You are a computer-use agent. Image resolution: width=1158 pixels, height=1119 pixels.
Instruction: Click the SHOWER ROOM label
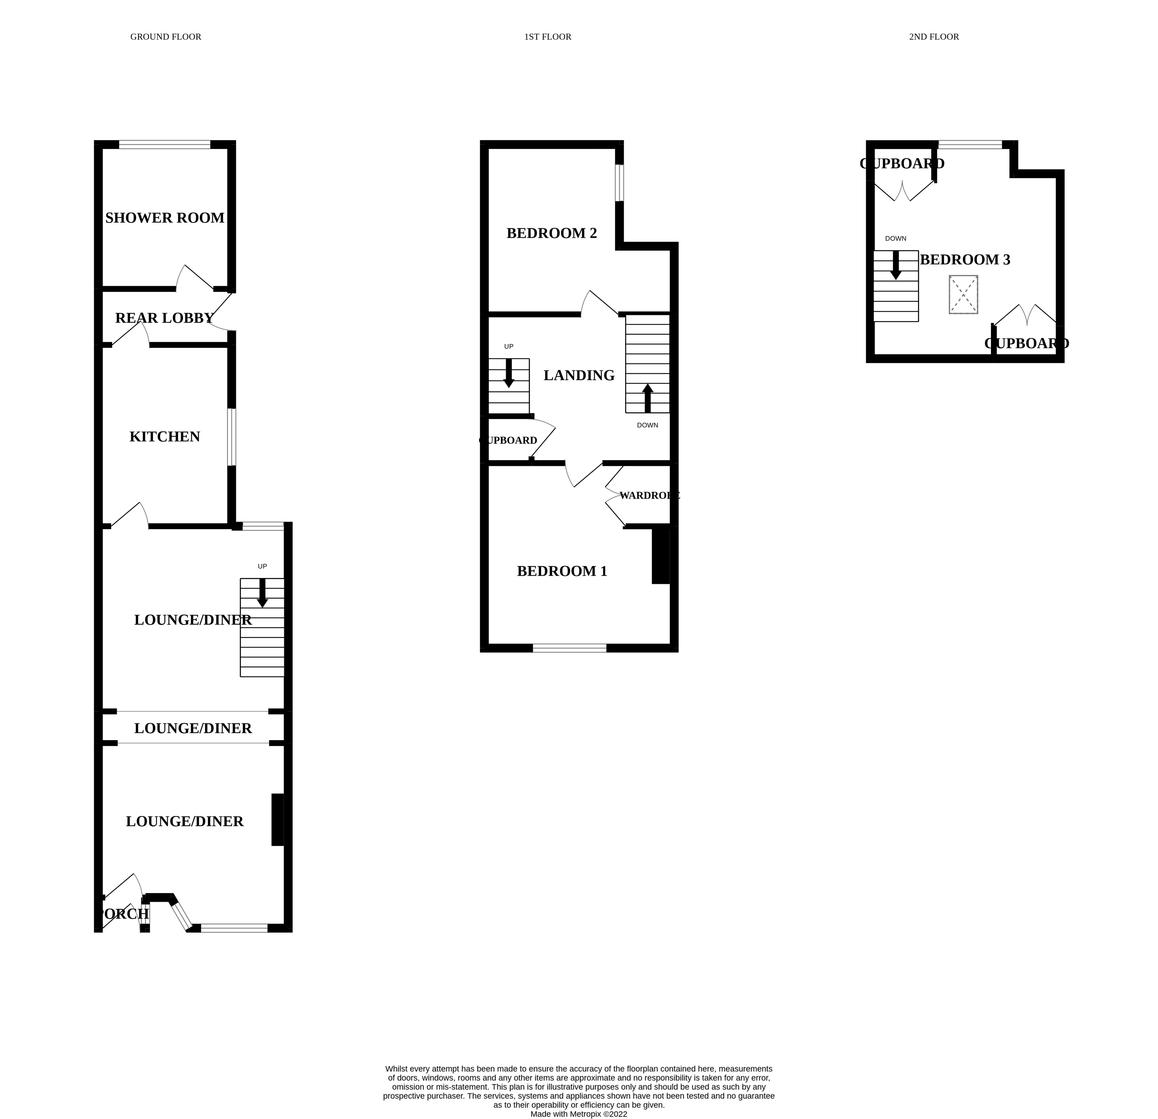pos(165,218)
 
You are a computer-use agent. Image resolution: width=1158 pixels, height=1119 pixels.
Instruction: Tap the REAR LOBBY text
pos(164,318)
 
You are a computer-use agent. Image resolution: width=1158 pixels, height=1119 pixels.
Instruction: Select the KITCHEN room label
pos(165,437)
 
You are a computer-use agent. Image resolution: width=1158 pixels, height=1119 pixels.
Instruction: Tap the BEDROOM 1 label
pos(562,571)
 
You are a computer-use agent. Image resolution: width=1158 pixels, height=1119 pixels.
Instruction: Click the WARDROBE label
pos(649,495)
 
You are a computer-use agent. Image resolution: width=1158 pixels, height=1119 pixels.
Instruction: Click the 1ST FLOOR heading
pos(548,37)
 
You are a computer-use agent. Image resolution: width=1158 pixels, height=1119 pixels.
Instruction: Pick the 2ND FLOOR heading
pos(933,37)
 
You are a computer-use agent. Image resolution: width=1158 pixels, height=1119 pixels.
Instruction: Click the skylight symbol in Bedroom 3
pos(963,294)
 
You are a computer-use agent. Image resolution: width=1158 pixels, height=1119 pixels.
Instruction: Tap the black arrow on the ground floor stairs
pos(262,592)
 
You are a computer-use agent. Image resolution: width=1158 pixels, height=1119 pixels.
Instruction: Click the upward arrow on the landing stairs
pos(648,398)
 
